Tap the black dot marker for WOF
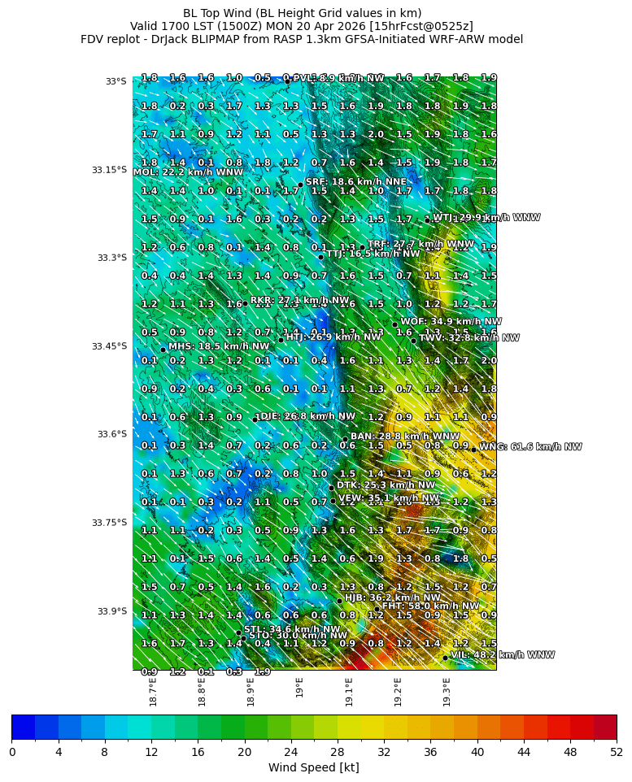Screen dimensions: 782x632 [395, 324]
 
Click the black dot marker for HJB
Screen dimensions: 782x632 [339, 601]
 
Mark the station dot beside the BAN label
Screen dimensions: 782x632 [345, 440]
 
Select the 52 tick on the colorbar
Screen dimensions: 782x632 [617, 752]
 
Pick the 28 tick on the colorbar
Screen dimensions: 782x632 [338, 752]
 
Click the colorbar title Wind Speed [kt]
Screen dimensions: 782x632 [313, 767]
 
